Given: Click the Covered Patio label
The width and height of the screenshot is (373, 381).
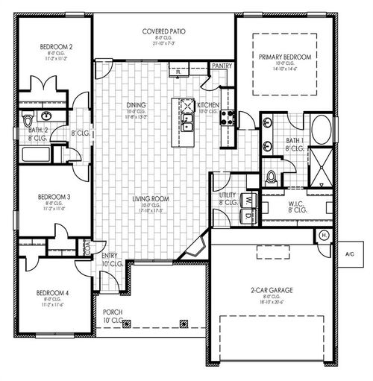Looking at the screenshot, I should (x=163, y=32).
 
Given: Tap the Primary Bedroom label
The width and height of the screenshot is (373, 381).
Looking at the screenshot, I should (x=284, y=57).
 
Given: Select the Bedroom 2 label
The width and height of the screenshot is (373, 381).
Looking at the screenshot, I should (x=56, y=48).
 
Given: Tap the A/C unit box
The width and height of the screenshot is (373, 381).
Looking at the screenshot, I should (x=350, y=254).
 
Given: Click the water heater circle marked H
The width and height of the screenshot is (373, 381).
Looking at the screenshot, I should (x=324, y=236).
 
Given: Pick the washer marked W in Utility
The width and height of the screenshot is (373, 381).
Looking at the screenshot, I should (x=248, y=199).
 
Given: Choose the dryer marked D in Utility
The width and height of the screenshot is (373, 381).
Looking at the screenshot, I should (x=248, y=216).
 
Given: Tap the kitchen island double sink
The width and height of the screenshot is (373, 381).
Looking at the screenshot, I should (x=188, y=119).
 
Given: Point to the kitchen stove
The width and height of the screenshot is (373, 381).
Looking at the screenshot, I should (x=228, y=117).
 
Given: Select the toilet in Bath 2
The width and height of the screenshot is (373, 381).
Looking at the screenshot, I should (x=28, y=119).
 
